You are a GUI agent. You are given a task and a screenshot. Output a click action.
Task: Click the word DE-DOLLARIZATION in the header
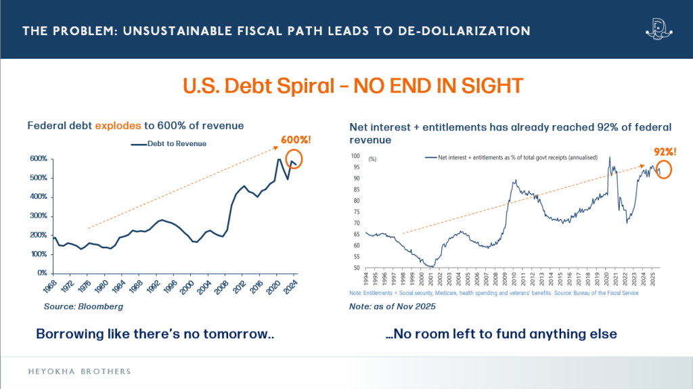(x=466, y=31)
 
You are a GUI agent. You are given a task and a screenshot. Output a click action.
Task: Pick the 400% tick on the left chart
(x=38, y=197)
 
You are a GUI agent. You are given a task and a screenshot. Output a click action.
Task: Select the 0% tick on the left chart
(x=41, y=273)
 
